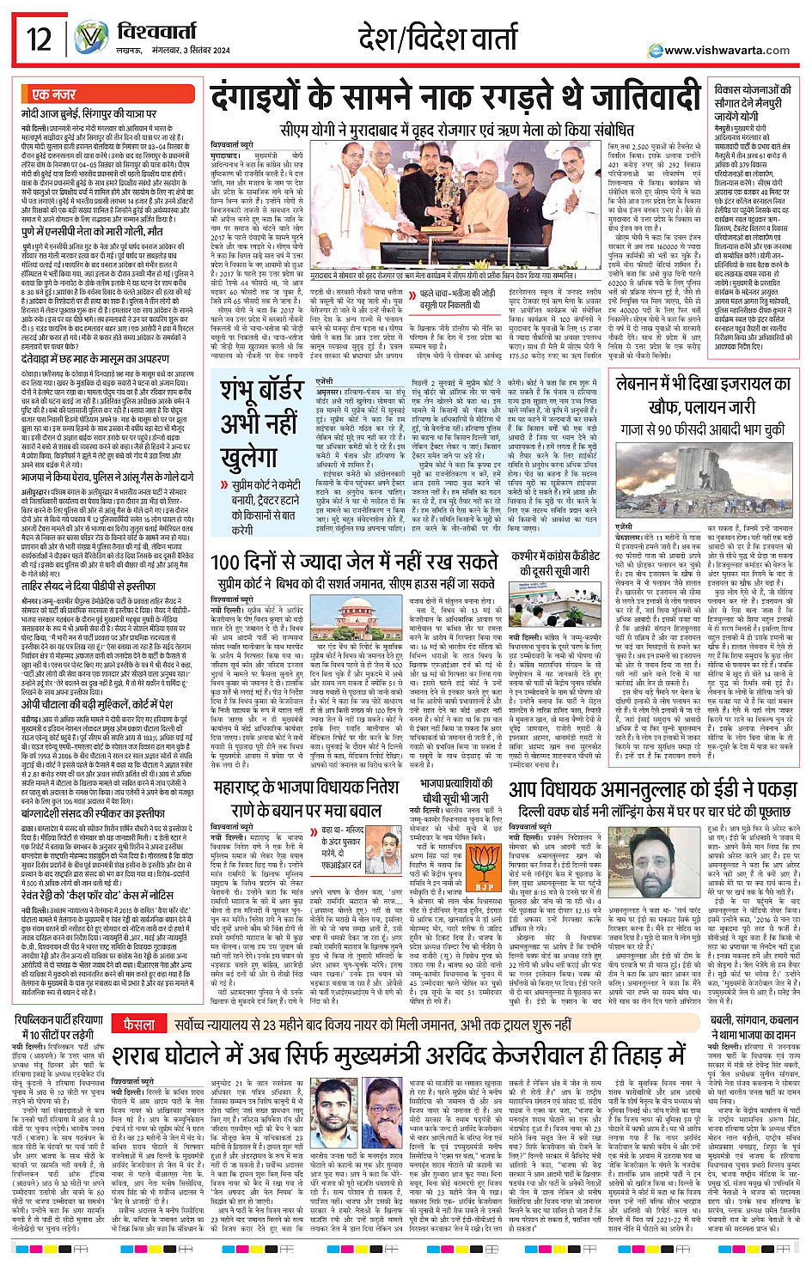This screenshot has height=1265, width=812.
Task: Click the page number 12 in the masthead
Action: [39, 39]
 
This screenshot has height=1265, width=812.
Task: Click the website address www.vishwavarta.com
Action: [727, 50]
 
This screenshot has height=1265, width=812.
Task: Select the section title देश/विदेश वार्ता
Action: [437, 39]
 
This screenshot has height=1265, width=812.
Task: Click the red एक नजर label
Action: [54, 94]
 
